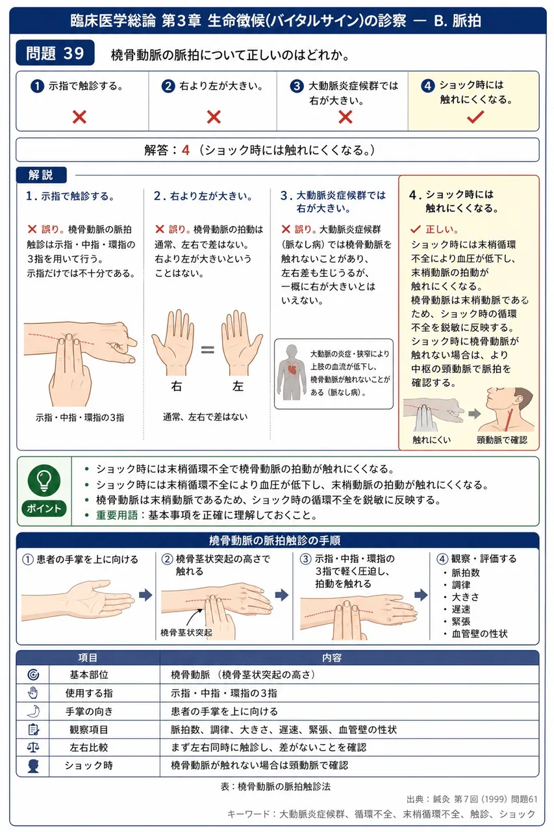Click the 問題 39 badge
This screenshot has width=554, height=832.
point(55,53)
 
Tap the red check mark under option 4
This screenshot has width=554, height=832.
point(475,117)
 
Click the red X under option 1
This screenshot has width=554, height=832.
point(79,117)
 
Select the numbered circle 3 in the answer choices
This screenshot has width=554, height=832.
point(296,86)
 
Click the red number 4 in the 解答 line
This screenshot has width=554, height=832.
point(186,150)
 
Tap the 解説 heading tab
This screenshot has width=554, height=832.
point(41,175)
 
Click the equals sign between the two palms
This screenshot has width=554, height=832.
point(207,350)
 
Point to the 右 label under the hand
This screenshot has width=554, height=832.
point(176,386)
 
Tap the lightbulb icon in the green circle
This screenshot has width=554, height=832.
point(44,480)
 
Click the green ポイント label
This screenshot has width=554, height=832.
point(44,508)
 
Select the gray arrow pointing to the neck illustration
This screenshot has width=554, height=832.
point(475,414)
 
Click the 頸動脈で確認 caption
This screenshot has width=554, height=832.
point(501,440)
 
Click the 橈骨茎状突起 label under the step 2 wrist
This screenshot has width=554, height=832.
point(186,632)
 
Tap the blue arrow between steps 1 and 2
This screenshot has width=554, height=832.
point(145,595)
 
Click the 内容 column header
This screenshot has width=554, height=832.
point(332,658)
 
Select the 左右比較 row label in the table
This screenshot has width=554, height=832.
point(89,747)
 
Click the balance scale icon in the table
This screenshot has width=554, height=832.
point(33,747)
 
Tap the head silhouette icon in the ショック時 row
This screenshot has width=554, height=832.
point(33,766)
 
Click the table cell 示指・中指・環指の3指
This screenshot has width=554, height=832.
point(224,693)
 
